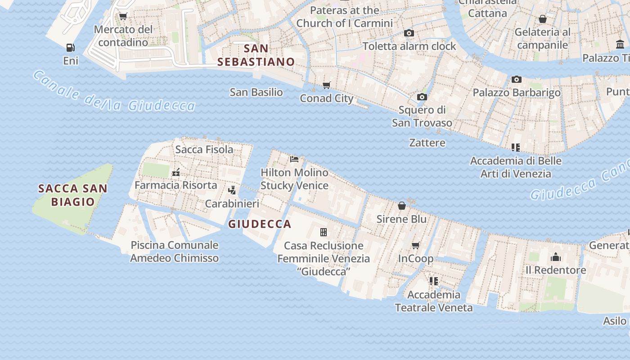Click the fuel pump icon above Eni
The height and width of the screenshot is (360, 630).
(71, 47)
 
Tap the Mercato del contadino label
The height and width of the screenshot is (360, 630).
(123, 36)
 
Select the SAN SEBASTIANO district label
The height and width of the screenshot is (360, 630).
(256, 55)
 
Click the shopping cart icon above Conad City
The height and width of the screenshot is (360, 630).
(327, 85)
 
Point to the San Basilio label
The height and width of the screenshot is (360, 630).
(256, 92)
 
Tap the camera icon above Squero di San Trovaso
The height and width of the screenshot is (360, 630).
(422, 97)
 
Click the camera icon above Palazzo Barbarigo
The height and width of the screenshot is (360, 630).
(517, 79)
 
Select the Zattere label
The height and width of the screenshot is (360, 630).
(427, 143)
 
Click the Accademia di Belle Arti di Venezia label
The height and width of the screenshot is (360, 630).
(516, 167)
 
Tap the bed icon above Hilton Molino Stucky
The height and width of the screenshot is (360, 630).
(294, 159)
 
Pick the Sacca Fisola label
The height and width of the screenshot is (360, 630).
(204, 149)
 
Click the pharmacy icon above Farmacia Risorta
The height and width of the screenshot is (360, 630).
(176, 172)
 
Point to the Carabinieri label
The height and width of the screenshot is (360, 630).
(232, 204)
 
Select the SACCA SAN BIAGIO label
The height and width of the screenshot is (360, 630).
(73, 195)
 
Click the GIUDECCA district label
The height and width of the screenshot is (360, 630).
(260, 224)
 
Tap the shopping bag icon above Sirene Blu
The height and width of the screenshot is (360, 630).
(402, 206)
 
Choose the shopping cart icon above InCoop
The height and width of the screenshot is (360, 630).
(416, 245)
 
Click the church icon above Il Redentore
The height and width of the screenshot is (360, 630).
(556, 257)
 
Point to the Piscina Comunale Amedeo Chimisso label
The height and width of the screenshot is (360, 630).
(174, 252)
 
